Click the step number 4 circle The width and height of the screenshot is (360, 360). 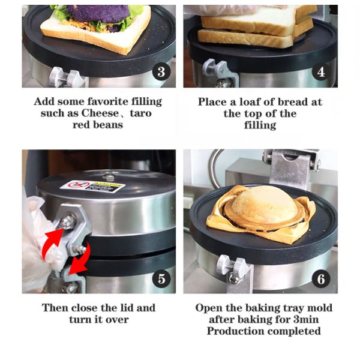pos(322,72)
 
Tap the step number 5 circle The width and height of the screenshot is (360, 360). pos(161,278)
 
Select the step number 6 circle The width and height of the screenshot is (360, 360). pos(322,278)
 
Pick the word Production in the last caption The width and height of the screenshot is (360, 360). pos(235,331)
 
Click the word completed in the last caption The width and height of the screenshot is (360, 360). pos(293,331)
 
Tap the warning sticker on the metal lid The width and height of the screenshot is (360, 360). pos(91,185)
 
